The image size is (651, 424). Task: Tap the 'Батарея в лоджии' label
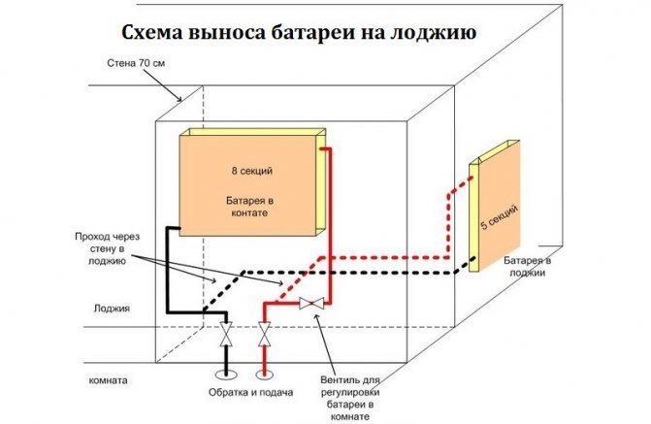(x=528, y=267)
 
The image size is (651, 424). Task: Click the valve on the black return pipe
(x=226, y=336)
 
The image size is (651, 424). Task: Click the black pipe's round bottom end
(x=226, y=372)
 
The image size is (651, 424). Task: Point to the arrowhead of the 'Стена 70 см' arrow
(x=183, y=101)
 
